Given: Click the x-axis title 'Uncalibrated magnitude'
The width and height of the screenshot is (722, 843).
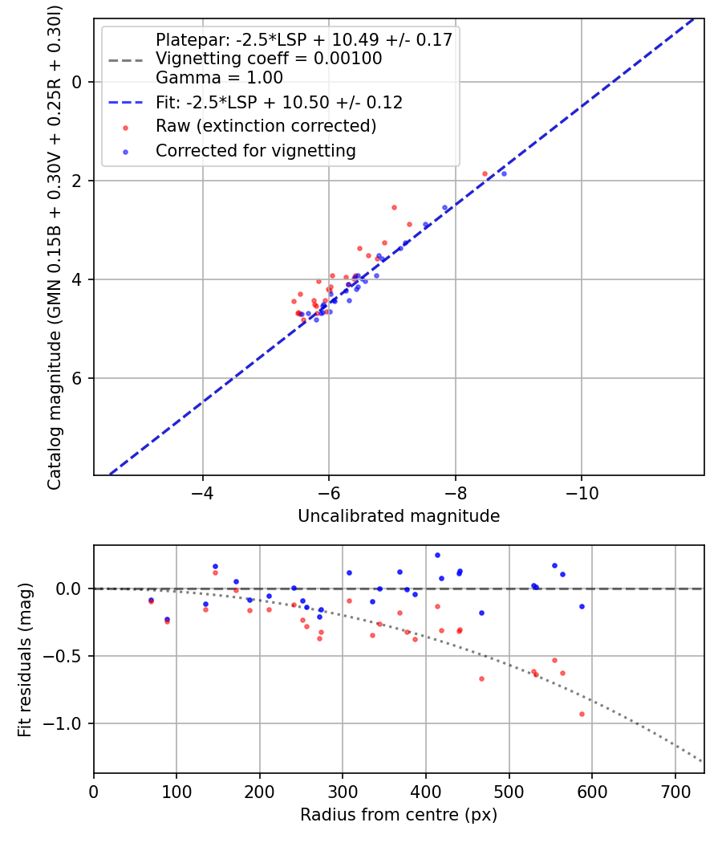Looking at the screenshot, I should [x=399, y=516].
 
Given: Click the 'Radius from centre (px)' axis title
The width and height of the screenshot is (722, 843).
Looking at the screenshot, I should [x=399, y=815].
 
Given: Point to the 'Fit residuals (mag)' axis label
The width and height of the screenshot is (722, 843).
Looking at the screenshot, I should [x=25, y=659].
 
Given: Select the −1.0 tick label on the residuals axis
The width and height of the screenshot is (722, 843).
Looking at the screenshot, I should [x=67, y=723].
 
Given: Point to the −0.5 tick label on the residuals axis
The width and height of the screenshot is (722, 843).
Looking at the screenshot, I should [x=67, y=656].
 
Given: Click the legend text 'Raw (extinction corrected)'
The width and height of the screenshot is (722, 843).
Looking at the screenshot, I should [x=266, y=127].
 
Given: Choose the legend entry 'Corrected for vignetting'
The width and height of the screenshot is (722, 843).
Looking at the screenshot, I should [x=255, y=150].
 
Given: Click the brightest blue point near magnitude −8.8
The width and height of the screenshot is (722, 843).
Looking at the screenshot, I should [x=504, y=173].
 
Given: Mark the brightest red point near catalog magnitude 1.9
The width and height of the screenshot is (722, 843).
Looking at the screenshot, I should [x=485, y=173].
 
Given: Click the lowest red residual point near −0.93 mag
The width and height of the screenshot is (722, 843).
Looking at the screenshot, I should [x=582, y=714].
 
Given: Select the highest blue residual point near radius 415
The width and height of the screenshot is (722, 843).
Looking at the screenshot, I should [x=437, y=555].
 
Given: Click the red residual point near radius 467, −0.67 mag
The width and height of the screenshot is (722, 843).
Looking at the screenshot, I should [x=481, y=678].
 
